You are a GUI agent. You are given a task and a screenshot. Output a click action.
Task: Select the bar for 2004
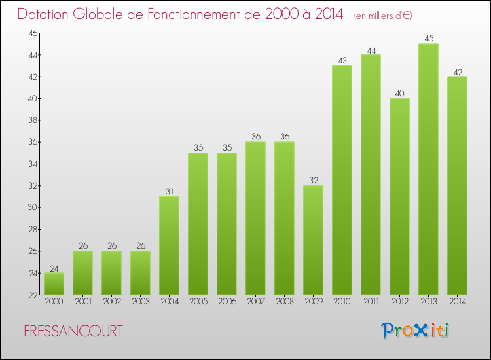pyautogui.click(x=169, y=245)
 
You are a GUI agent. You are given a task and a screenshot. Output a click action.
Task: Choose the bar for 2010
pyautogui.click(x=342, y=180)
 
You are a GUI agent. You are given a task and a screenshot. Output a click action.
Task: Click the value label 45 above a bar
pyautogui.click(x=428, y=39)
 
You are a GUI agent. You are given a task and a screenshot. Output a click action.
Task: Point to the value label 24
pyautogui.click(x=54, y=268)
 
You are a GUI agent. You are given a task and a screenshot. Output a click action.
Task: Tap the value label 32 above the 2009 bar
pyautogui.click(x=313, y=181)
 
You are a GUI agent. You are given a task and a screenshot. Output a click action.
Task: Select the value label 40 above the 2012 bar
pyautogui.click(x=399, y=93)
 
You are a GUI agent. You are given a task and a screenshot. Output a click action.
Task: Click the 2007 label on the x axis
pyautogui.click(x=255, y=302)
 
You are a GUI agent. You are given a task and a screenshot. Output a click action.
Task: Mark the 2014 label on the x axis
pyautogui.click(x=457, y=302)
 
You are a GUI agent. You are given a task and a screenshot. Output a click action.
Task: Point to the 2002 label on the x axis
pyautogui.click(x=111, y=302)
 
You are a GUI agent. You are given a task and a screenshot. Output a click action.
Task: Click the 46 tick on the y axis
pyautogui.click(x=31, y=33)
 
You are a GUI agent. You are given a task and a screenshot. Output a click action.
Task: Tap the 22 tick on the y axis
pyautogui.click(x=31, y=295)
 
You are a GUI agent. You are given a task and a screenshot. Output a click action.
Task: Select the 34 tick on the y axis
pyautogui.click(x=31, y=164)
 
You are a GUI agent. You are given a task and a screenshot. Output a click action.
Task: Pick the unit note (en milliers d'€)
pyautogui.click(x=382, y=16)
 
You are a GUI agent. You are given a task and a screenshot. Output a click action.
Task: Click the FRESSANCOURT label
pyautogui.click(x=73, y=332)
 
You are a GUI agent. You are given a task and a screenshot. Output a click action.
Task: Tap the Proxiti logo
pyautogui.click(x=415, y=331)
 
